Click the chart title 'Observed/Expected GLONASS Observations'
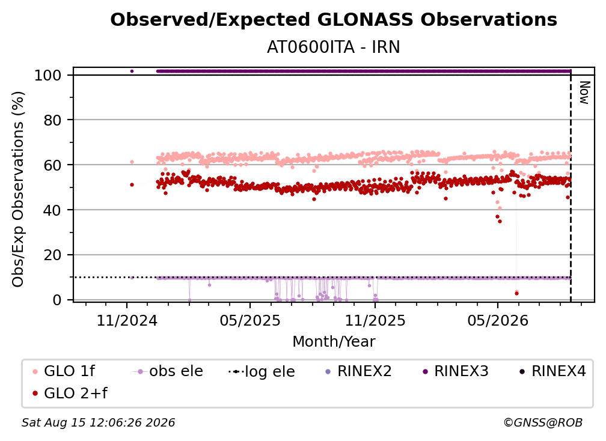point(334,20)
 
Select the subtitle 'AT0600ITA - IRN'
point(334,47)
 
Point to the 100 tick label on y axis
point(48,75)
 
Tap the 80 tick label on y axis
point(52,121)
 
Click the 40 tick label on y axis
point(52,210)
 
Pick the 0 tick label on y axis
point(57,300)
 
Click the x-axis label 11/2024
point(127,320)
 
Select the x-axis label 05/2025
point(250,320)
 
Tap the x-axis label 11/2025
point(375,320)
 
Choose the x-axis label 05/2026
point(498,320)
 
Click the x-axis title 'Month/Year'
point(334,342)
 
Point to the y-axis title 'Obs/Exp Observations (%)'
point(18,189)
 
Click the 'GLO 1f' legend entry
point(64,371)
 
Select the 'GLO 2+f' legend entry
point(70,394)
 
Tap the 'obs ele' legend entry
point(168,371)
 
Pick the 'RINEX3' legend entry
point(456,371)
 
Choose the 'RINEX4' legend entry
point(552,371)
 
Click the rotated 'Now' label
point(584,93)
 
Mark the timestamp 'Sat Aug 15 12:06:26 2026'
point(98,423)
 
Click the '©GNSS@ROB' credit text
point(543,423)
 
